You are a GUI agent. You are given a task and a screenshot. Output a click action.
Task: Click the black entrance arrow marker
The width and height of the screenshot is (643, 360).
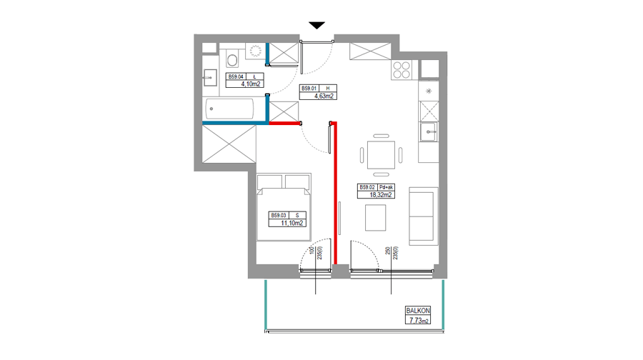316,26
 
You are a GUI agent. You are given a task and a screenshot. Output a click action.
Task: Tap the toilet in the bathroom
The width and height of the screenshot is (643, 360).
232,59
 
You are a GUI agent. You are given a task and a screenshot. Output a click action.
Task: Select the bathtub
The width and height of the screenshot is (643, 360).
229,109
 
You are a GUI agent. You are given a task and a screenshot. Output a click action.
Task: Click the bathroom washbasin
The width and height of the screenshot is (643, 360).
210,77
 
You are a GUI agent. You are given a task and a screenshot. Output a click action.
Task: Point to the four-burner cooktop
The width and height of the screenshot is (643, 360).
402,70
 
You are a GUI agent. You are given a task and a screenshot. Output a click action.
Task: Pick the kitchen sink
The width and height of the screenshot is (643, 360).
428,132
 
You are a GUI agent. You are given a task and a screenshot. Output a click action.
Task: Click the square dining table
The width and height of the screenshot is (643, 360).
381,154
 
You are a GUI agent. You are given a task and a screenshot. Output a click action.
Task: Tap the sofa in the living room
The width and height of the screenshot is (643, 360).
423,216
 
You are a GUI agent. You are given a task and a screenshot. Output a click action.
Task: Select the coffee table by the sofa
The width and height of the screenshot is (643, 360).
375,218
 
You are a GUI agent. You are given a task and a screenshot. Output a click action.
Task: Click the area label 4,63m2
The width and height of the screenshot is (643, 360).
324,96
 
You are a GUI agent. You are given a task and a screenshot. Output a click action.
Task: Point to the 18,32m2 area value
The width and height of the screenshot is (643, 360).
381,195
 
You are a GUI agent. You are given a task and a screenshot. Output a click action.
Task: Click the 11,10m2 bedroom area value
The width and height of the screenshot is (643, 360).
292,223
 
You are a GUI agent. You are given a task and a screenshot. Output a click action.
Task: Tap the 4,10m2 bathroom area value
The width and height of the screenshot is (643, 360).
251,84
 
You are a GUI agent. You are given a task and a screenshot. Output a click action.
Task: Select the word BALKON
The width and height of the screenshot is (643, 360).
418,311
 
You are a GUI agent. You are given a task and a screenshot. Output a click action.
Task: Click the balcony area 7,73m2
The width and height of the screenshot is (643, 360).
418,320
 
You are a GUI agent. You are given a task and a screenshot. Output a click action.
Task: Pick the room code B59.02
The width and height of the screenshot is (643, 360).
367,187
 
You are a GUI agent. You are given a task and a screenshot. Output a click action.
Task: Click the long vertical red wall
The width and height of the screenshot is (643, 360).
336,193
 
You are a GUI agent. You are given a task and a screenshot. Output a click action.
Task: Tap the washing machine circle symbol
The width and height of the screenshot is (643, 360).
256,51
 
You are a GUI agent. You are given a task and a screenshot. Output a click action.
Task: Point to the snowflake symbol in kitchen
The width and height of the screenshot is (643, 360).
429,91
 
